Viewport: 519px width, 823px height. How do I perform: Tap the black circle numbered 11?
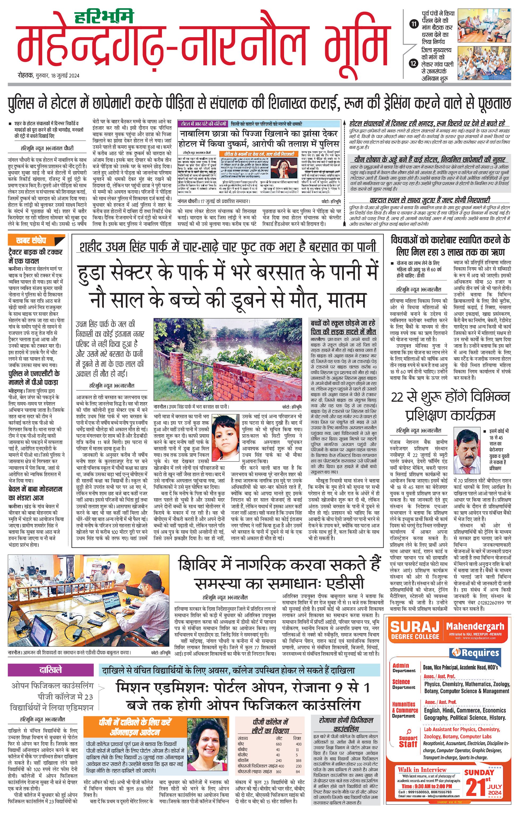(x=414, y=24)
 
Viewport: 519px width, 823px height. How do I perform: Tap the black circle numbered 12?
(x=414, y=63)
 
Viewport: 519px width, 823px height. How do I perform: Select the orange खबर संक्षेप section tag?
(x=36, y=240)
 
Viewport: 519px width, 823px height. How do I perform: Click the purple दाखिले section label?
(x=50, y=669)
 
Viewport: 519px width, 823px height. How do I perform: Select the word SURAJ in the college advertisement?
(x=414, y=628)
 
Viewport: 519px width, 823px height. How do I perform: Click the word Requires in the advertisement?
(x=480, y=653)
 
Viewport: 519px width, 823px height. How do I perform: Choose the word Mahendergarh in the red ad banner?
(x=475, y=626)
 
